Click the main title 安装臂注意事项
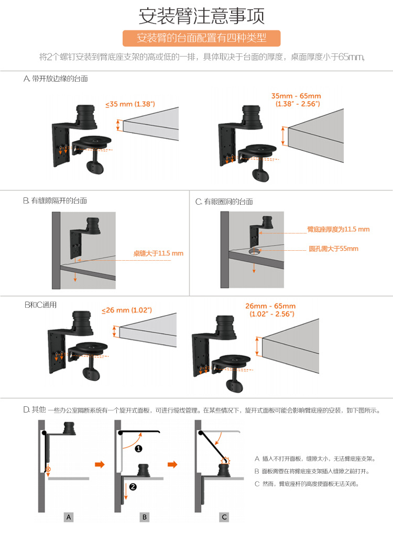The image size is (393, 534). [201, 16]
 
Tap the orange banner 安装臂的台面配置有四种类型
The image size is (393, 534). [201, 39]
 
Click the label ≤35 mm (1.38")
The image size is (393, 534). [130, 104]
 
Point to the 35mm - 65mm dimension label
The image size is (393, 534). [296, 100]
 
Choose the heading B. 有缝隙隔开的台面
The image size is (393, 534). [55, 201]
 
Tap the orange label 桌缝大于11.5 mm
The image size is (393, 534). [158, 253]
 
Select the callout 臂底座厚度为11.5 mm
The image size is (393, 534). [338, 229]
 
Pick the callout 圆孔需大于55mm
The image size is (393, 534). [333, 249]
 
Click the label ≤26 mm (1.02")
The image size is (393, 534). [127, 310]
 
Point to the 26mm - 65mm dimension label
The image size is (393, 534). [270, 310]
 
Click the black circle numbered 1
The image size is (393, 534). [139, 448]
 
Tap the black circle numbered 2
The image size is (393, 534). [133, 487]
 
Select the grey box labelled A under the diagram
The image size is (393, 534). [69, 517]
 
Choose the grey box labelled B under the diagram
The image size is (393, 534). [145, 517]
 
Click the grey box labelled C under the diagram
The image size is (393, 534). [224, 517]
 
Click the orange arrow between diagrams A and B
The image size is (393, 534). [99, 464]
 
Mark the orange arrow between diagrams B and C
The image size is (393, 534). [172, 464]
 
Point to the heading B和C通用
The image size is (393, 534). [40, 305]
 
